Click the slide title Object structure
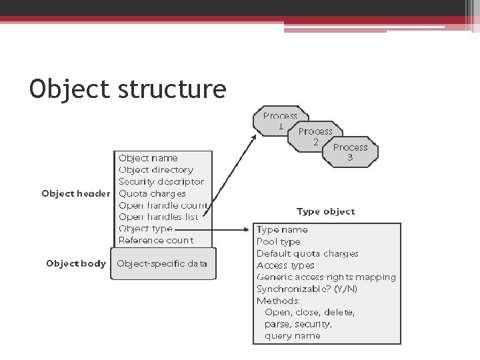click(128, 89)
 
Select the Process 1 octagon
click(279, 121)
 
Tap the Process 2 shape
click(315, 136)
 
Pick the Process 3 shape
click(350, 152)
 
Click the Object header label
click(75, 193)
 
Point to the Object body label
click(75, 263)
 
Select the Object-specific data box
click(162, 263)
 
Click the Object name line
click(148, 158)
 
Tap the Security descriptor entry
click(161, 181)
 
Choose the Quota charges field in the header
click(152, 193)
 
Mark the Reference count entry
click(155, 240)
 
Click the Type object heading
click(325, 211)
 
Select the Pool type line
click(279, 241)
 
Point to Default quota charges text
click(307, 253)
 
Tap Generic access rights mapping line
click(326, 277)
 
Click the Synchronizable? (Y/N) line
click(307, 289)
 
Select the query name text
click(292, 336)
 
